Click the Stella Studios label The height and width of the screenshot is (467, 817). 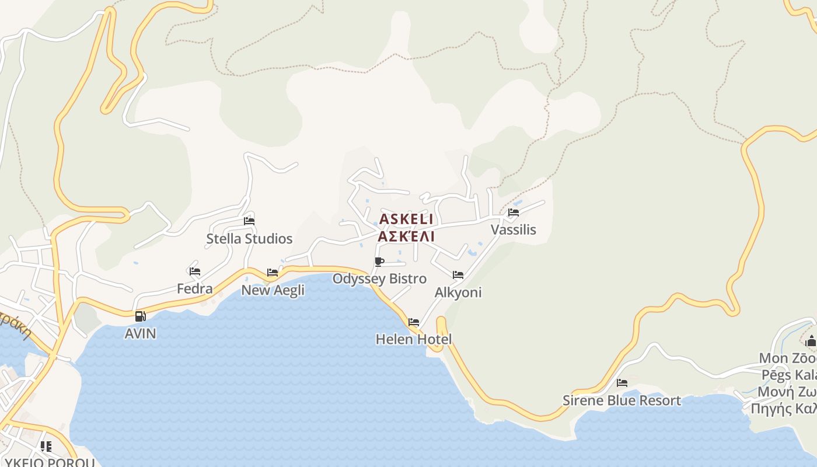pos(249,239)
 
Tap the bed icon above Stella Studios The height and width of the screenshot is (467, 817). pos(249,221)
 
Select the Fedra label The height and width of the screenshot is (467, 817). pos(195,288)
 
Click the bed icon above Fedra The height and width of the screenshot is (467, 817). pos(195,271)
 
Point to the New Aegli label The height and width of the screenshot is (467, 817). pos(273,290)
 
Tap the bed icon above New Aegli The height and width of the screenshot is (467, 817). pos(273,272)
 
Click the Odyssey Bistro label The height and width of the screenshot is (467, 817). pos(379,278)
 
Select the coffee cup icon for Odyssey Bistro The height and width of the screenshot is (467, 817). pos(379,262)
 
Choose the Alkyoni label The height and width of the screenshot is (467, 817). pos(458,292)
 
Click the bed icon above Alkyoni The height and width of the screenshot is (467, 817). pos(458,274)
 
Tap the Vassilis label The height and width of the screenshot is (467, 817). pos(513,229)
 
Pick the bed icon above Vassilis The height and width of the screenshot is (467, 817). pos(514,212)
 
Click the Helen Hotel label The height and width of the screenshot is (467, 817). pos(414,339)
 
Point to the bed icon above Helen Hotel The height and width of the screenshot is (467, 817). pos(414,322)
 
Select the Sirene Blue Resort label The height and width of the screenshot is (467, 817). pos(622,400)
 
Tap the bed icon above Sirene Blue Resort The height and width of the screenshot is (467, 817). pos(622,383)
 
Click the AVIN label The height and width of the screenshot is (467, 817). pos(141,333)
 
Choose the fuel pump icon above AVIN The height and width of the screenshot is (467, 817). pos(140,316)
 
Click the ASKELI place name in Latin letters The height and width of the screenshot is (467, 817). pos(406,219)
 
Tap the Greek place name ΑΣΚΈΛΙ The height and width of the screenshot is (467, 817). pos(406,236)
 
